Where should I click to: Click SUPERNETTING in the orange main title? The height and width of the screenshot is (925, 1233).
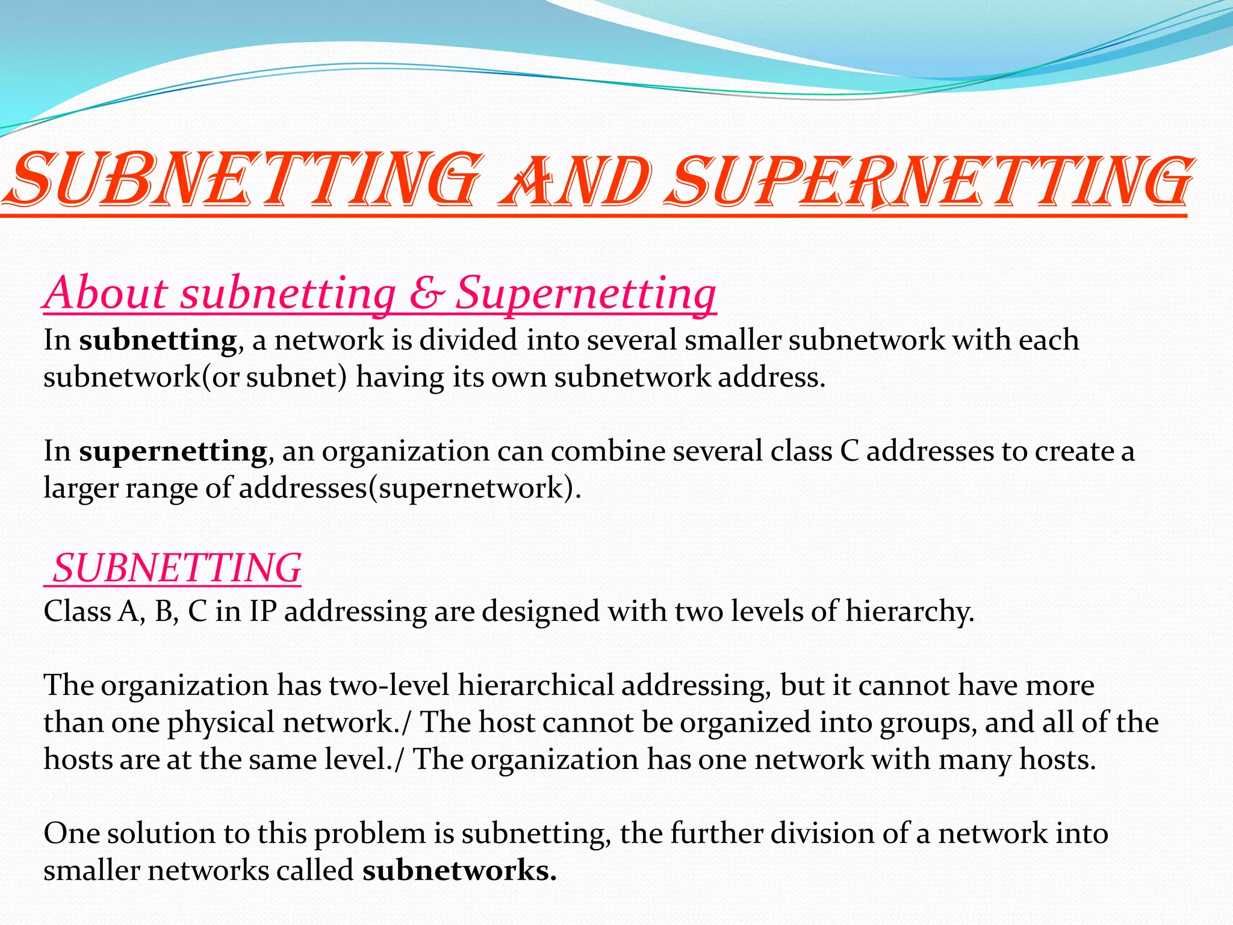tap(930, 181)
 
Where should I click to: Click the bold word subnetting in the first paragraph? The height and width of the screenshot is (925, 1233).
tap(158, 340)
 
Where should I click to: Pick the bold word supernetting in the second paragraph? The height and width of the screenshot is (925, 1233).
tap(173, 451)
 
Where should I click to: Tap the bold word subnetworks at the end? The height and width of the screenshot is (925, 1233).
tap(459, 871)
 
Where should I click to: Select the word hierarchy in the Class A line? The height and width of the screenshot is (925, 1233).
tap(909, 612)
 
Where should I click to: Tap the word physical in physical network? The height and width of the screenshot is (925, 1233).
tap(221, 723)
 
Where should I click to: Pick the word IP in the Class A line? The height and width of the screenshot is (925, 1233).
tap(263, 612)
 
